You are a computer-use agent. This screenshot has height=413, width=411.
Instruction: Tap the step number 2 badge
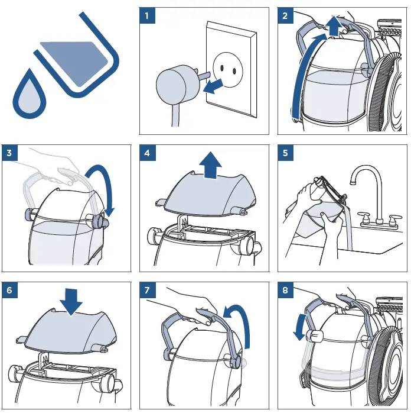click(x=285, y=15)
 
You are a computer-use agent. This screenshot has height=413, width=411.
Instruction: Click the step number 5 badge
click(x=285, y=153)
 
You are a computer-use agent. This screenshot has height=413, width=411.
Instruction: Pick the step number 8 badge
click(x=285, y=291)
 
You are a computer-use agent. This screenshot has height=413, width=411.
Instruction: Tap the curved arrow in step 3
click(x=104, y=186)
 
